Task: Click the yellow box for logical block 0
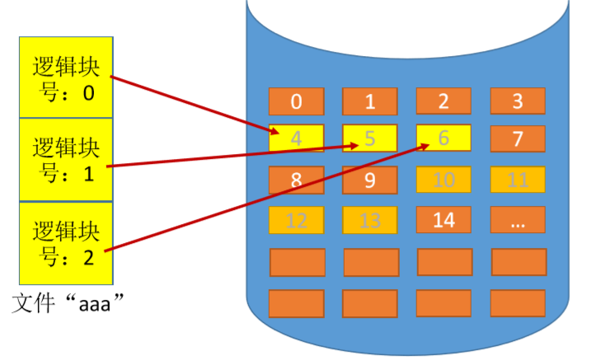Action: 66,77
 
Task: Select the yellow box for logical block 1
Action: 66,160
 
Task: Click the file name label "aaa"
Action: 73,305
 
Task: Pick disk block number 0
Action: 296,102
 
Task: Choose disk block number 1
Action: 370,102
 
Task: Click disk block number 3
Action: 518,102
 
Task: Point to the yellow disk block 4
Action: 296,139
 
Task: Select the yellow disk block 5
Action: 370,139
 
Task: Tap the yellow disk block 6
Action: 443,139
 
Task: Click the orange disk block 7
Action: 518,139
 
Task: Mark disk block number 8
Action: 296,180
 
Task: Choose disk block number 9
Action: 370,180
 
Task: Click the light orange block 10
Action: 443,180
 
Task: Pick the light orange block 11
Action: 518,180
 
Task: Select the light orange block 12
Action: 296,220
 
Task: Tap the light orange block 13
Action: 370,220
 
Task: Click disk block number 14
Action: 443,220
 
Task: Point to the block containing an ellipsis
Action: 518,220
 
